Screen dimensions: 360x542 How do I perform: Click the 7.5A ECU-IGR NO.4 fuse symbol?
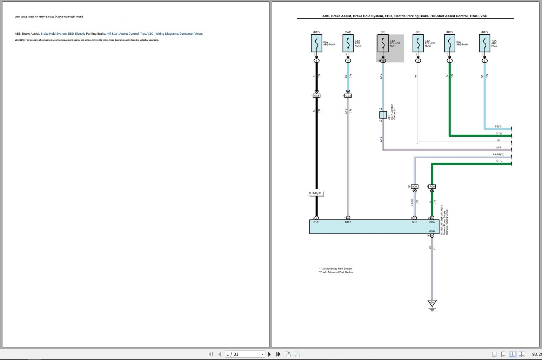point(383,43)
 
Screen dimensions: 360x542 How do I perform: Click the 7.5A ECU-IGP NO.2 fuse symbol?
point(418,43)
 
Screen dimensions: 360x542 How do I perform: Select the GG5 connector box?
point(316,96)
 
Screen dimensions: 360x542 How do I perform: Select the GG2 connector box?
point(348,96)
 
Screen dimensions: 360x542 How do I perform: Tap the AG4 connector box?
point(415,186)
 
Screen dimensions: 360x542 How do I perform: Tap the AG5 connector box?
point(432,186)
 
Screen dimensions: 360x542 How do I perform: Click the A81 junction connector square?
point(383,115)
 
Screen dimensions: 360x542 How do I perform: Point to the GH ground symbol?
point(432,304)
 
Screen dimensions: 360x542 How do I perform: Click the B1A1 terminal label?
point(316,222)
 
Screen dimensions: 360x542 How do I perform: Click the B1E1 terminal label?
point(348,222)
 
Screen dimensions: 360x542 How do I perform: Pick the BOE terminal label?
point(414,222)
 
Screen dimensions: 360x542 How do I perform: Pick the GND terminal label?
point(432,231)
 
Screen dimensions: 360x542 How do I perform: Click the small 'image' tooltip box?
point(315,192)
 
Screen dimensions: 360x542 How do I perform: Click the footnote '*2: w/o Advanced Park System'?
point(336,272)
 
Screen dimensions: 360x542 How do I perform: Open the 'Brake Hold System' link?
point(53,34)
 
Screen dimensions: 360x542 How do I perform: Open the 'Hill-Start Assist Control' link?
point(122,34)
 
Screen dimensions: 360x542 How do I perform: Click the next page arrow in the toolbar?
point(269,354)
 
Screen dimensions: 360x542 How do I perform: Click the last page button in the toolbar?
point(278,354)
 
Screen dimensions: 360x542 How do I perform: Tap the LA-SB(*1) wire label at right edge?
point(498,154)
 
